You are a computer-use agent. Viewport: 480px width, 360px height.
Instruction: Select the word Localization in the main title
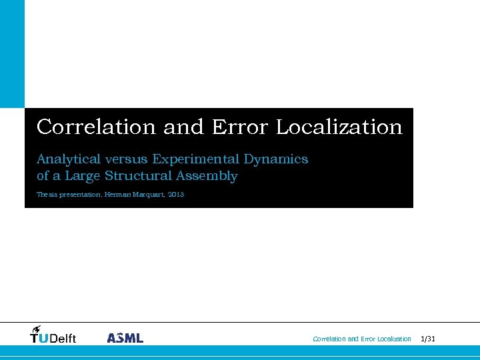pos(339,127)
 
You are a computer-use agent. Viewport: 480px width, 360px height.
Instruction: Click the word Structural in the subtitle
pos(138,176)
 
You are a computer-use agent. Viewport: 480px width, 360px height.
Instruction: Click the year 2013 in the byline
pos(176,195)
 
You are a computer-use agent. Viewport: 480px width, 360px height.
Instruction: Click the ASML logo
pos(125,338)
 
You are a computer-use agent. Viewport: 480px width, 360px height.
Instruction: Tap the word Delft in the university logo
pos(63,339)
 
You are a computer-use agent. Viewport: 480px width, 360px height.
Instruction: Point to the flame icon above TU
pos(37,328)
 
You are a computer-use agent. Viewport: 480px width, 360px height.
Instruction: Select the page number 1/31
pos(428,339)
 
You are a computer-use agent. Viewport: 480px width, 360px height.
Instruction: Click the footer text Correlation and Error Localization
pos(362,339)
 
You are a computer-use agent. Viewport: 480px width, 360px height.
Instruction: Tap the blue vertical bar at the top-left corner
pos(12,53)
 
